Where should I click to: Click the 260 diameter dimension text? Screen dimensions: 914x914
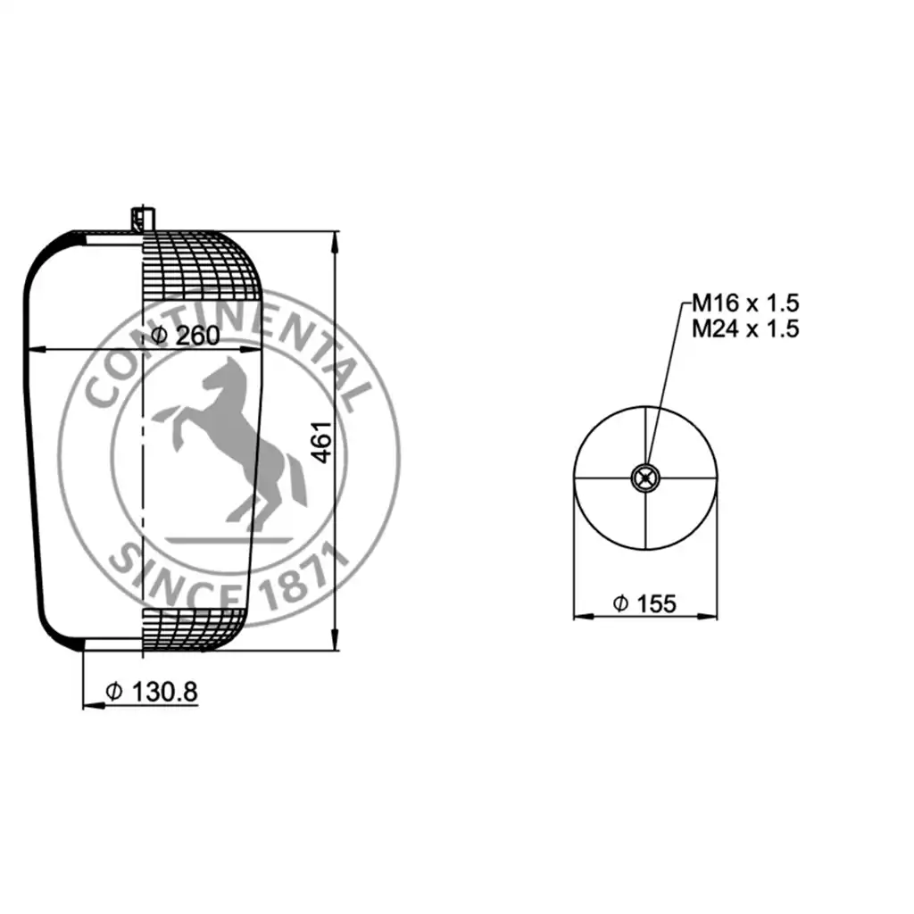point(186,336)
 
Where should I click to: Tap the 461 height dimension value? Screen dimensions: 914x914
point(321,443)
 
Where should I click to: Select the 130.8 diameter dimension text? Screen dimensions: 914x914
point(152,692)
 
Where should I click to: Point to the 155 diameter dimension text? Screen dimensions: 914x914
point(644,604)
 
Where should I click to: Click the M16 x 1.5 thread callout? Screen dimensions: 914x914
point(745,303)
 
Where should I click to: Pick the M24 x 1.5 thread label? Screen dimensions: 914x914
point(745,328)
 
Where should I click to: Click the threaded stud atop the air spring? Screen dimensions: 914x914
point(143,219)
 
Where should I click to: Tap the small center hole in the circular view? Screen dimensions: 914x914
point(645,478)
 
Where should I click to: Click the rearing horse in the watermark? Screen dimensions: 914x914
point(230,443)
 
